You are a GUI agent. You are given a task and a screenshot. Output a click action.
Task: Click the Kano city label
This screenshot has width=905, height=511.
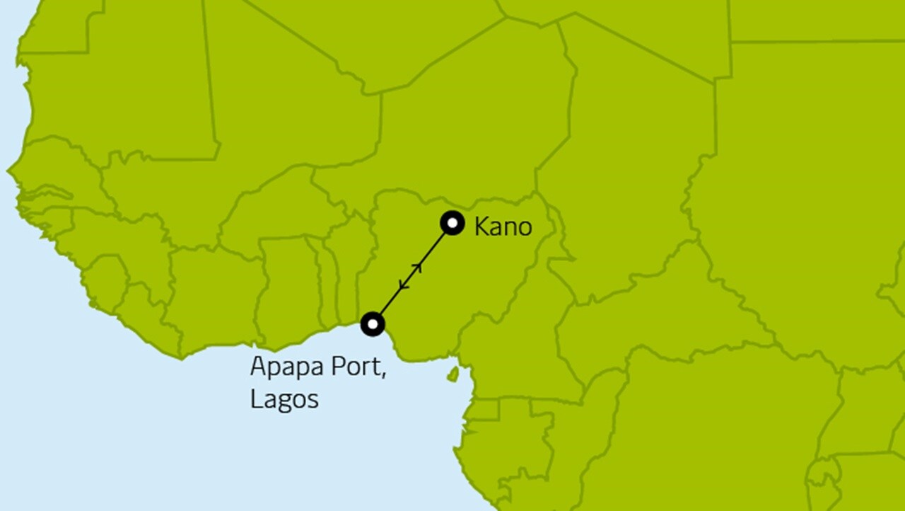(x=503, y=227)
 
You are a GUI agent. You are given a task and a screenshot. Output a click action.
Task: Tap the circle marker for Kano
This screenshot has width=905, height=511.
(x=452, y=223)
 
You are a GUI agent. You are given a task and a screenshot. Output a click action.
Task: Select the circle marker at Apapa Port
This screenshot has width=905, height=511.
(x=373, y=324)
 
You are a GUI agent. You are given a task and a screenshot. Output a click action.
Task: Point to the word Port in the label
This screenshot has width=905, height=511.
(x=361, y=369)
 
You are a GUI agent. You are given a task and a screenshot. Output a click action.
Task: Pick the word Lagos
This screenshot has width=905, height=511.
(x=284, y=398)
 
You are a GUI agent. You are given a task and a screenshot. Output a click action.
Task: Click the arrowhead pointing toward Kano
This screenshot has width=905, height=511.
(x=418, y=267)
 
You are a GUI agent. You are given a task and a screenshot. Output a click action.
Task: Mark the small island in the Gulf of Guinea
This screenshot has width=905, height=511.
(x=452, y=374)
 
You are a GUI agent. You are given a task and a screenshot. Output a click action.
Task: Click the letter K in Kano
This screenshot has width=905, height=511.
(x=482, y=227)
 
